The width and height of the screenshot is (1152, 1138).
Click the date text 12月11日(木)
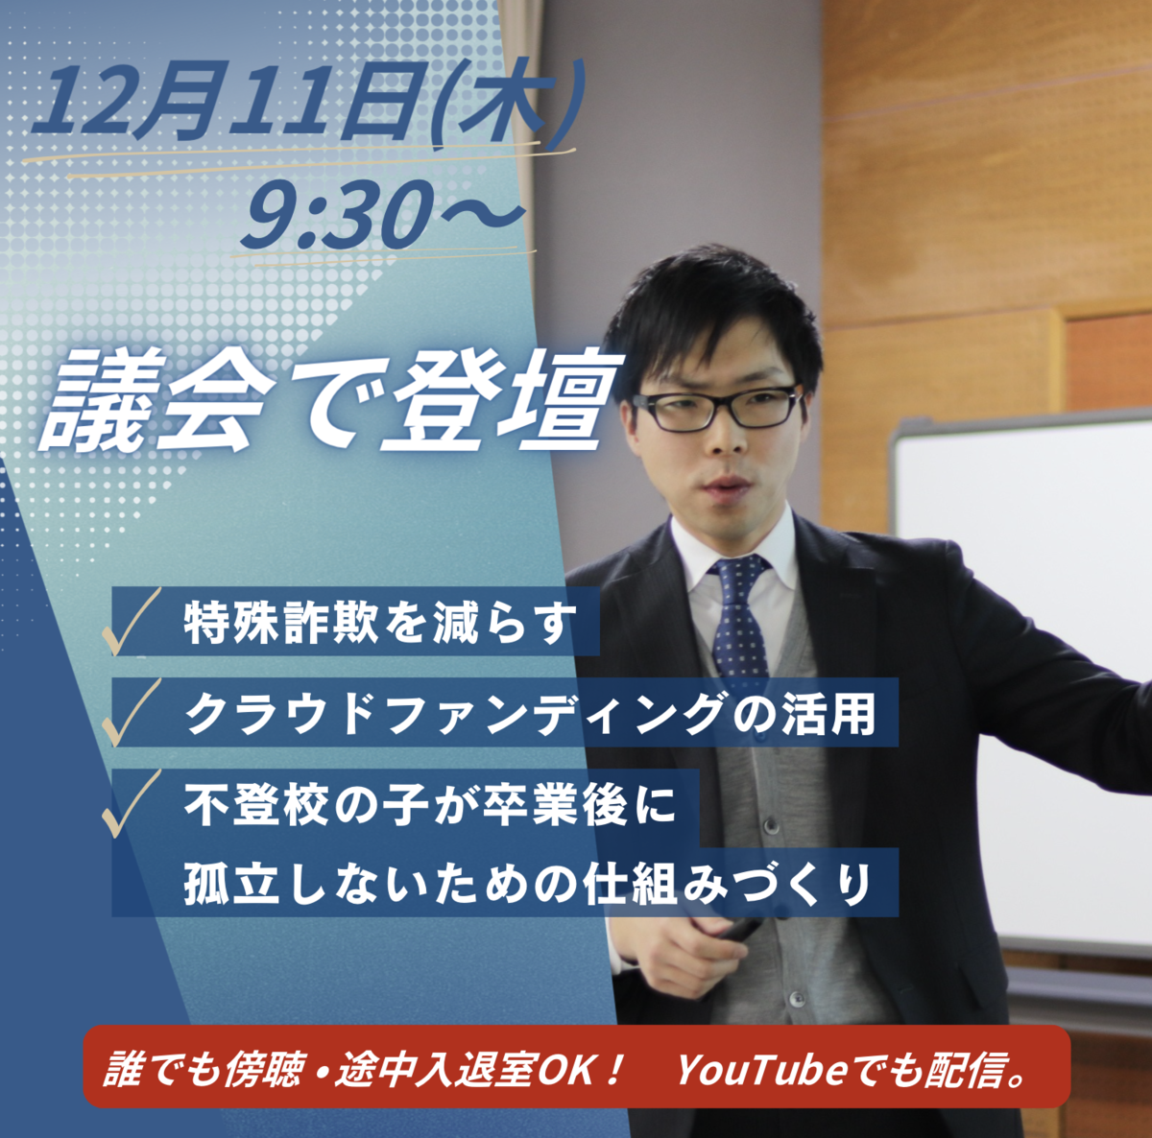point(305,101)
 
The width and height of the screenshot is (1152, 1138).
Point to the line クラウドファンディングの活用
point(530,713)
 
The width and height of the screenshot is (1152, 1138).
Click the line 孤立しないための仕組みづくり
point(527,883)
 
